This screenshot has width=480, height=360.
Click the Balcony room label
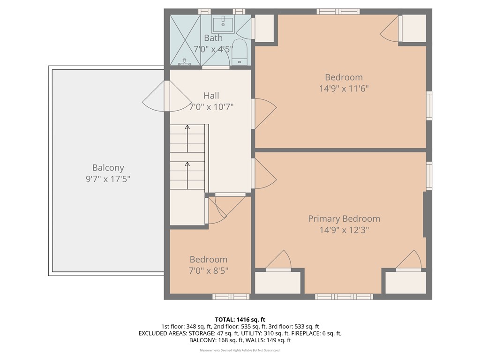[108, 167]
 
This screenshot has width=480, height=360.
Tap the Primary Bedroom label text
[344, 218]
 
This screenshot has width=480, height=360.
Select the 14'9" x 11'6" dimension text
[344, 89]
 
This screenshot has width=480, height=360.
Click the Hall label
[211, 96]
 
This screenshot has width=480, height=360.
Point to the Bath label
[213, 38]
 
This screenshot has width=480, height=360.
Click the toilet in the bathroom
[240, 52]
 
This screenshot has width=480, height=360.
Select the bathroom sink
[223, 24]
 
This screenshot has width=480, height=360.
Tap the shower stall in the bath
[185, 40]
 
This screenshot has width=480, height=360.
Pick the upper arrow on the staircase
[187, 138]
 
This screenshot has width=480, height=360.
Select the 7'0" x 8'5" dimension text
[209, 270]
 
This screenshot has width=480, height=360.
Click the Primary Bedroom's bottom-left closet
[277, 283]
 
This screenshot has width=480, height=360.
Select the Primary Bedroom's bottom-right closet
[405, 283]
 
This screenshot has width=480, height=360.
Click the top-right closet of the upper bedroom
[414, 29]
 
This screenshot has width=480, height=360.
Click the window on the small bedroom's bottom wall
[231, 296]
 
